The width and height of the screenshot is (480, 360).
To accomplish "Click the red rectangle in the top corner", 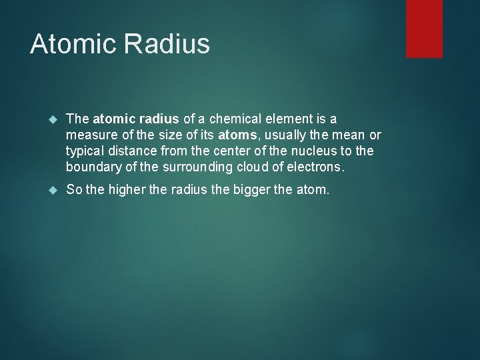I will tap(424, 28).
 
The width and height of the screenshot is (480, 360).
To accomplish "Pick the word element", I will tap(293, 119).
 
